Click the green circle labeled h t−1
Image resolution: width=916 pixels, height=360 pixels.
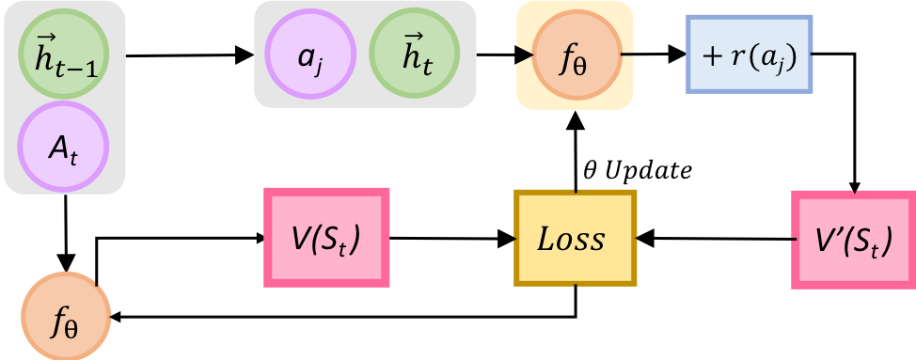pyautogui.click(x=64, y=55)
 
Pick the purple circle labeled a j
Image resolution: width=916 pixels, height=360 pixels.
pyautogui.click(x=311, y=55)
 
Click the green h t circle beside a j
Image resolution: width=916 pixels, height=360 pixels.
pyautogui.click(x=414, y=55)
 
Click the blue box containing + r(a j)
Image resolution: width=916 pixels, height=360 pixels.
pyautogui.click(x=748, y=55)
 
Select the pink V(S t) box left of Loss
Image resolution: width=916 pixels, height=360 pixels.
pyautogui.click(x=325, y=238)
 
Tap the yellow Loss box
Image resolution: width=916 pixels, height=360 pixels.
pyautogui.click(x=575, y=238)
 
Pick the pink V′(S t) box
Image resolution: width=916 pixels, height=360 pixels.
pyautogui.click(x=853, y=238)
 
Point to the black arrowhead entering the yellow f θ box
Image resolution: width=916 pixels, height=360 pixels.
pyautogui.click(x=522, y=55)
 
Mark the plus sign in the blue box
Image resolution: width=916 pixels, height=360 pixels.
pyautogui.click(x=712, y=55)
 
